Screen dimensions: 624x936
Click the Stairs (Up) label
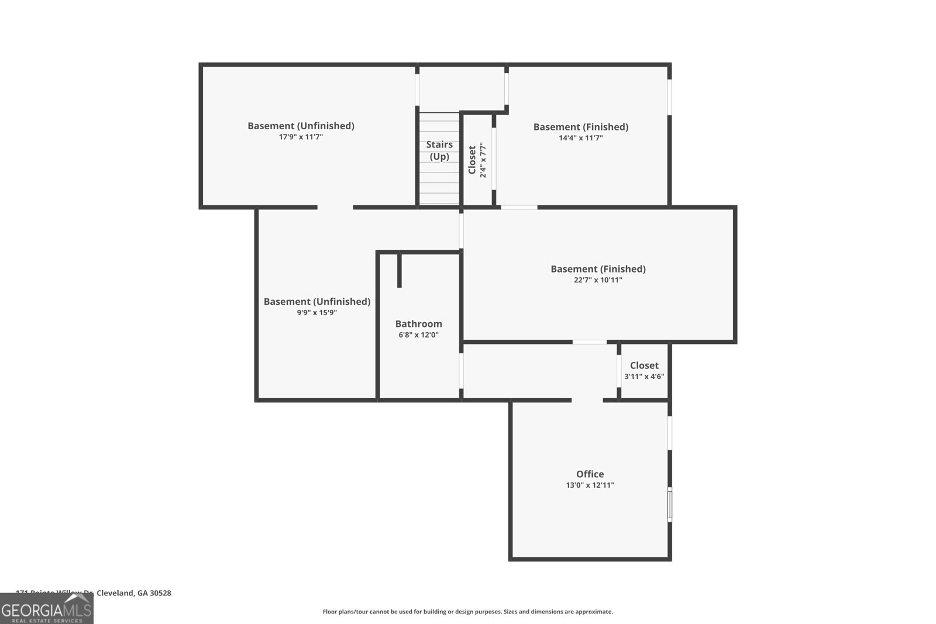pyautogui.click(x=439, y=150)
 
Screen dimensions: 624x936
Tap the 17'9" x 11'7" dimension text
pyautogui.click(x=301, y=137)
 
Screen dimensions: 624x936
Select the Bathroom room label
pyautogui.click(x=418, y=323)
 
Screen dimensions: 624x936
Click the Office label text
pyautogui.click(x=590, y=474)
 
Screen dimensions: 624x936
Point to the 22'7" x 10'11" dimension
pyautogui.click(x=598, y=280)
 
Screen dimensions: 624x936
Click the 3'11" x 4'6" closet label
pyautogui.click(x=644, y=377)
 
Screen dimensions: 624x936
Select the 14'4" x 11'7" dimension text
pyautogui.click(x=580, y=138)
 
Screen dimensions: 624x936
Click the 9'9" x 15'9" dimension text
pyautogui.click(x=316, y=313)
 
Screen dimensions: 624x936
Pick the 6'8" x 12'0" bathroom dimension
pyautogui.click(x=418, y=335)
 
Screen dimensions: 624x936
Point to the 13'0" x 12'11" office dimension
pyautogui.click(x=590, y=485)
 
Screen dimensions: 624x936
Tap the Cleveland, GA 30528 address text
pyautogui.click(x=133, y=593)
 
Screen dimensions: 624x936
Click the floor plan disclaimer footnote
pyautogui.click(x=467, y=612)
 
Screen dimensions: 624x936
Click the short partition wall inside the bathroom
pyautogui.click(x=400, y=270)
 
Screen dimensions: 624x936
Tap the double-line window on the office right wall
pyautogui.click(x=670, y=505)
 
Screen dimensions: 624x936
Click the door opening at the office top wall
pyautogui.click(x=587, y=400)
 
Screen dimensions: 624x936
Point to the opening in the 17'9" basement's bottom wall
pyautogui.click(x=335, y=207)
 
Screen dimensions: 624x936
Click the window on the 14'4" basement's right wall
pyautogui.click(x=669, y=97)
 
